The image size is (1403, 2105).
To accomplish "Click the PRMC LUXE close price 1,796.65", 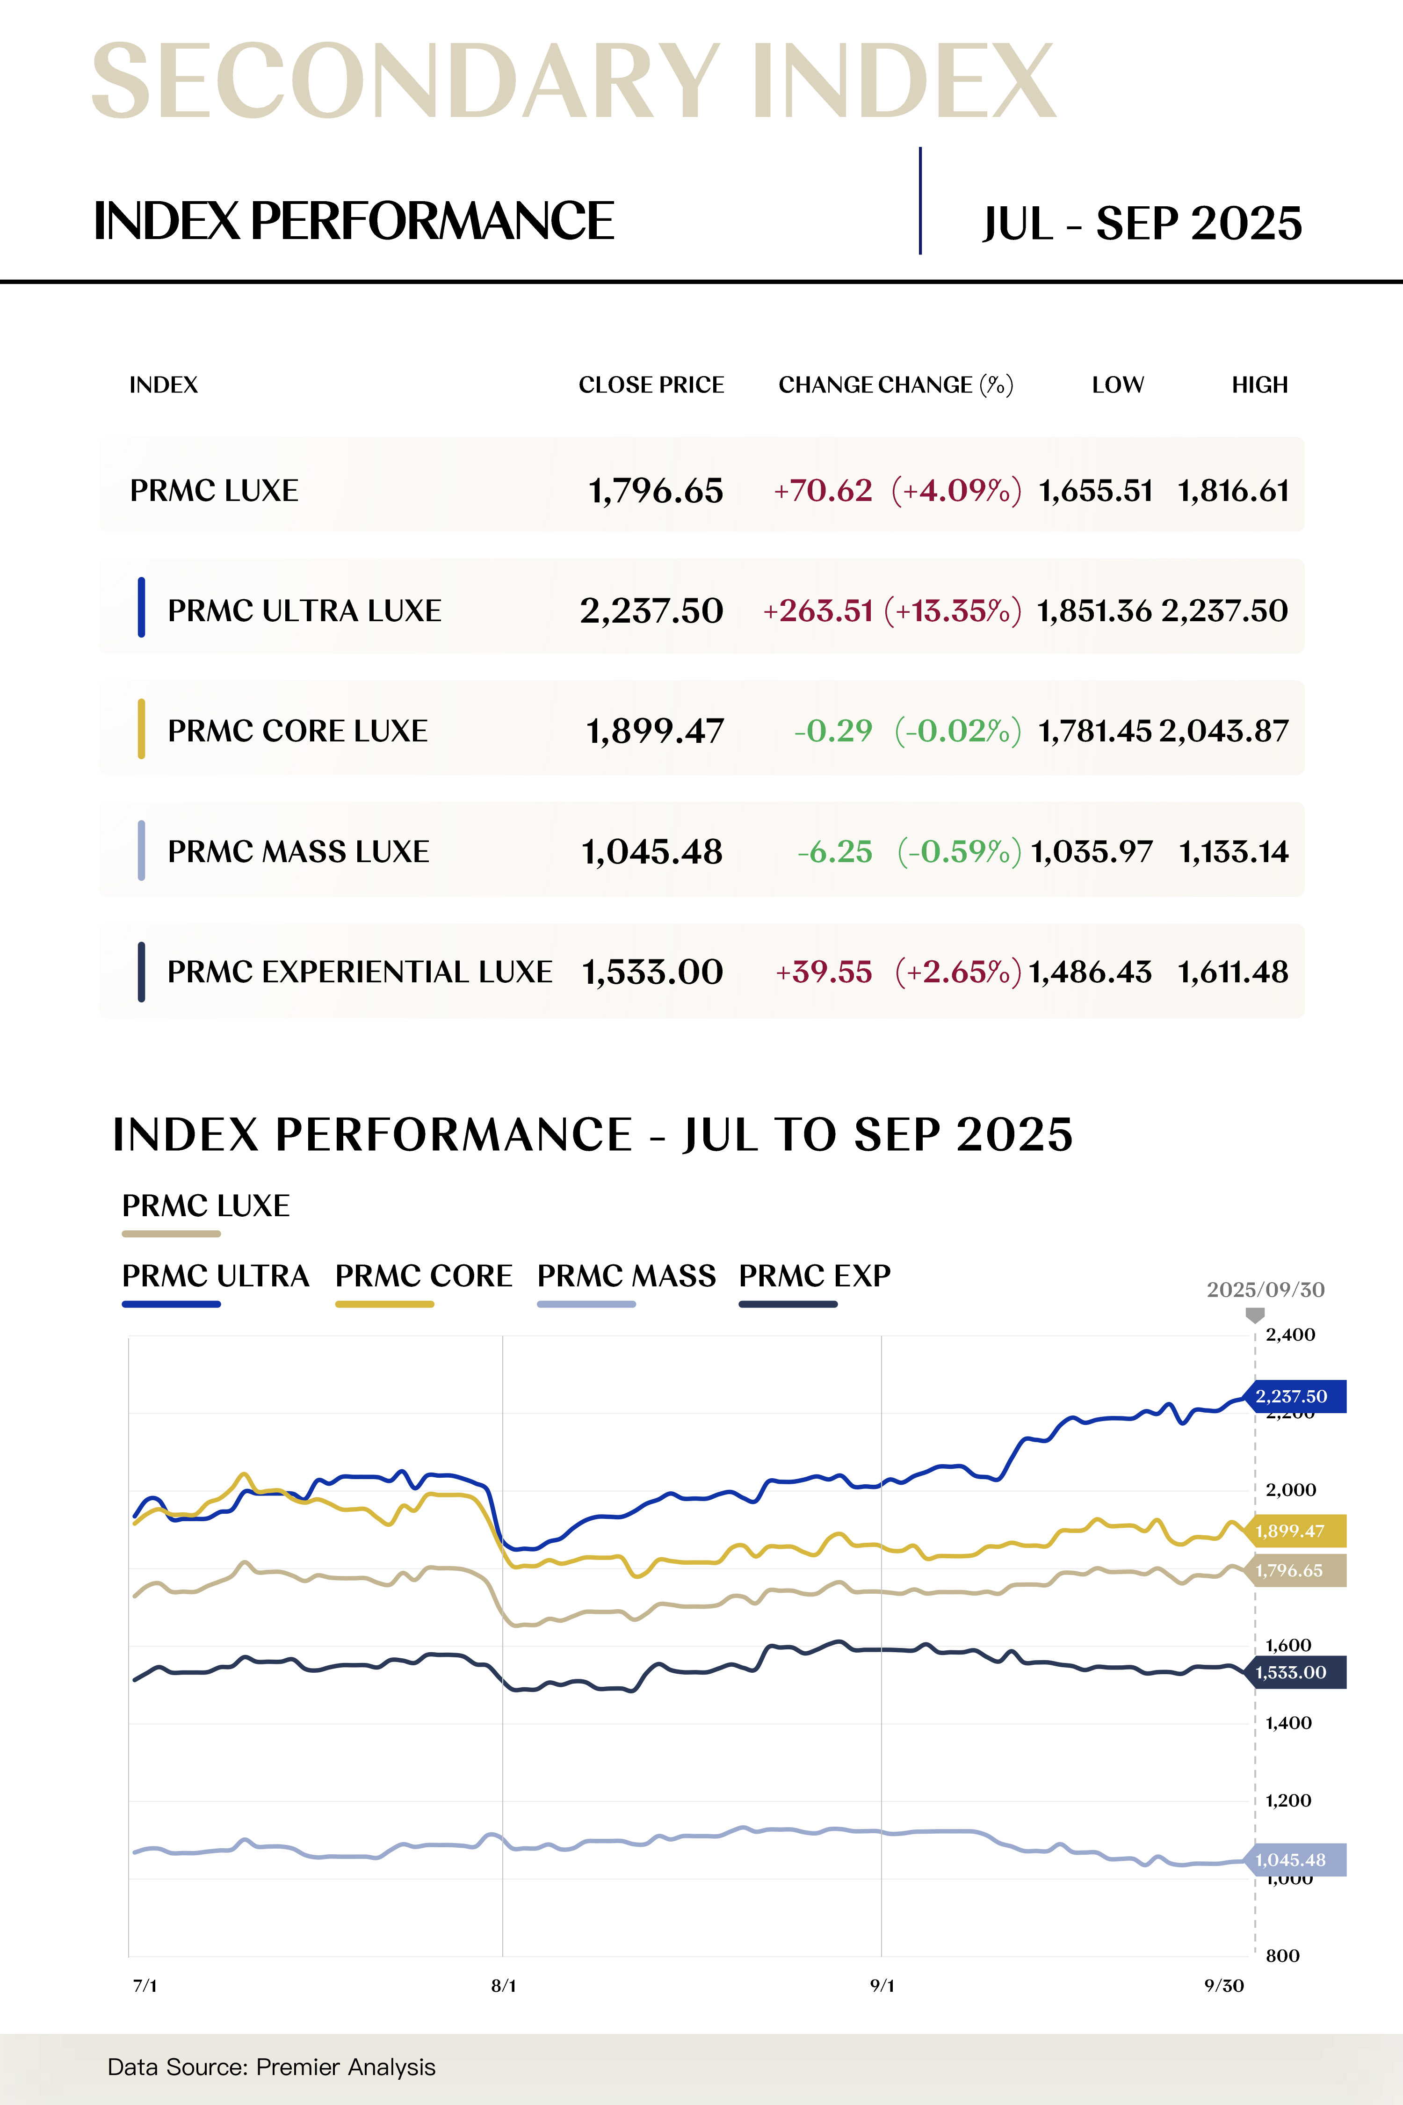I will (x=655, y=490).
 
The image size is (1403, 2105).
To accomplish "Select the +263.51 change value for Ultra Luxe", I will (x=818, y=610).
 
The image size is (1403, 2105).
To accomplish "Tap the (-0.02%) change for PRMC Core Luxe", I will (x=957, y=730).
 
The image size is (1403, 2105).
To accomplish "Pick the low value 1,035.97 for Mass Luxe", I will (x=1092, y=851).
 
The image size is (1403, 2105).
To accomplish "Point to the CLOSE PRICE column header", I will (x=651, y=385).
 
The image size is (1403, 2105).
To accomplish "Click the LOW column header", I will (x=1118, y=385).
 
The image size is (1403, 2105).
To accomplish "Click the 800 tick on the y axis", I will (x=1282, y=1955).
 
